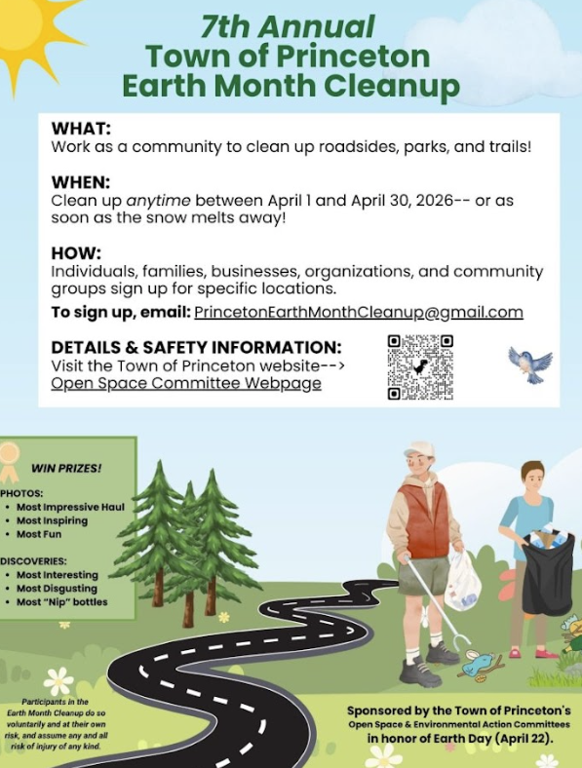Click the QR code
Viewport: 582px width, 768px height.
point(420,366)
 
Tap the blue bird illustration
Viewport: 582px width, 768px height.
point(529,363)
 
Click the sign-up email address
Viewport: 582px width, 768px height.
point(358,312)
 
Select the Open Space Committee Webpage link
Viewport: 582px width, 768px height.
point(186,383)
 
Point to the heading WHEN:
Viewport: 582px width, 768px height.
point(83,183)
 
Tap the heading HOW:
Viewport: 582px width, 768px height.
point(76,253)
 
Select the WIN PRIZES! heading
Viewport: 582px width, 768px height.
point(67,468)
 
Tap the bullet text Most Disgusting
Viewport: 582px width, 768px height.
point(57,589)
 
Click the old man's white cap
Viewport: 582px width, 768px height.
point(419,449)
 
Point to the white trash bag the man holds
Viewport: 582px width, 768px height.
point(462,582)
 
